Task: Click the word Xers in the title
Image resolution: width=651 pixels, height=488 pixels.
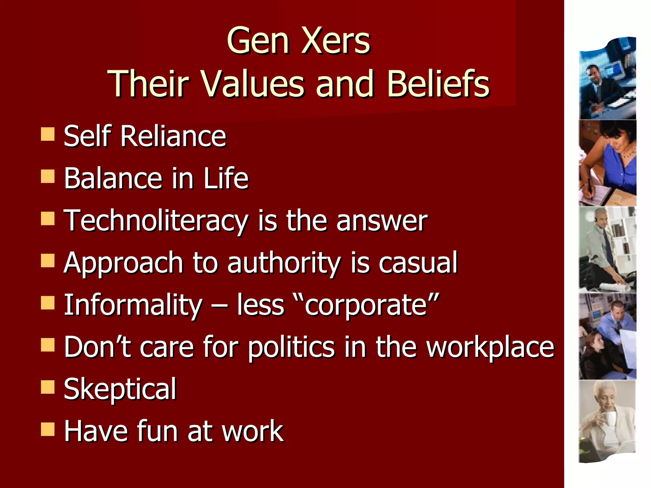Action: click(336, 41)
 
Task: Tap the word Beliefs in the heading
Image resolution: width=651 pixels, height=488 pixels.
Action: click(438, 84)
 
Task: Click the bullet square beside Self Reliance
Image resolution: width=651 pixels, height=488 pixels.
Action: click(48, 134)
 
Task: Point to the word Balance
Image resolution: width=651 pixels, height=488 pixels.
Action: click(113, 178)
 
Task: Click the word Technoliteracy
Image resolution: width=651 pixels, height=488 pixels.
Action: click(156, 221)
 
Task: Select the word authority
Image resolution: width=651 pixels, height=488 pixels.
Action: click(284, 263)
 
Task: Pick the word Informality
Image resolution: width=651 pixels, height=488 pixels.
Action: click(133, 305)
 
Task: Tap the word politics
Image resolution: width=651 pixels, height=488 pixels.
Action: click(291, 347)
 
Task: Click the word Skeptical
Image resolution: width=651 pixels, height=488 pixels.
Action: click(120, 390)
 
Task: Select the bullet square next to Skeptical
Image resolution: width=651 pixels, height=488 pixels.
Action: click(48, 387)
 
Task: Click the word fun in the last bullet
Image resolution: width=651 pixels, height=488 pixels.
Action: click(157, 431)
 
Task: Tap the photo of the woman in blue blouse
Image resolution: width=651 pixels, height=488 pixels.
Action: click(608, 163)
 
